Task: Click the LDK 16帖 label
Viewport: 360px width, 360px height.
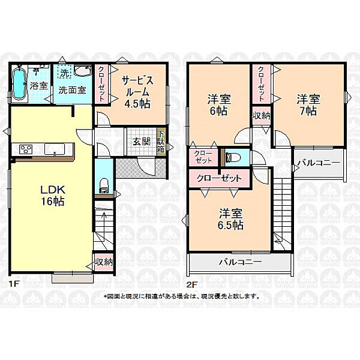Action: click(x=53, y=196)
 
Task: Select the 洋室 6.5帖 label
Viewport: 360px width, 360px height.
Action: click(x=230, y=218)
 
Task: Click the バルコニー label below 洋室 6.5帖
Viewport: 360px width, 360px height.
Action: click(x=239, y=262)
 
